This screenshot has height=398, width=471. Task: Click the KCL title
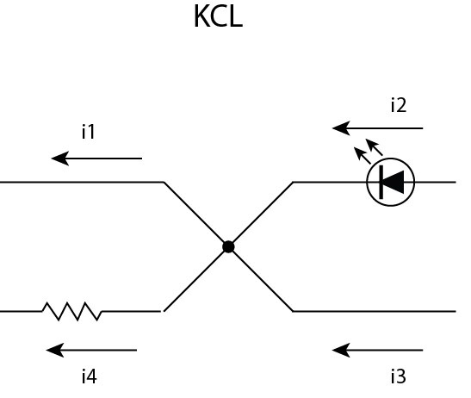pos(219,16)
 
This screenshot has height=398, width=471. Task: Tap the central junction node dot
pos(228,246)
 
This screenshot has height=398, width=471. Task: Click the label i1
pos(89,132)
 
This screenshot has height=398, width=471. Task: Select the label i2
pos(399,105)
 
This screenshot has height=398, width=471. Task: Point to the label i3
pos(399,376)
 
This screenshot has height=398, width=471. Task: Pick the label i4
pos(90,376)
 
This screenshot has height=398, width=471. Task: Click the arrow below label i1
pos(96,159)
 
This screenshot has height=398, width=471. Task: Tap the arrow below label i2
pos(378,128)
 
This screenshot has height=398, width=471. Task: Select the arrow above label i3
pos(378,350)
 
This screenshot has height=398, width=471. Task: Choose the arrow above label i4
pos(91,350)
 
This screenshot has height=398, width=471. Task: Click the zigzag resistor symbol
pos(72,312)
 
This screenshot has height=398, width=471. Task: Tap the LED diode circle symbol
pos(391,159)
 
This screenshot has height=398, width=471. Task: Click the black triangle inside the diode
pos(394,182)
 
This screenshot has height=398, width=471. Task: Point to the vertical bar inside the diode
pos(381,182)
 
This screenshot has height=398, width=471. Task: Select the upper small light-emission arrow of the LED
pos(374,147)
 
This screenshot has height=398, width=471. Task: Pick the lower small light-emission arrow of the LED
pos(363,155)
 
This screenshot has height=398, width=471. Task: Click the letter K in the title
pos(202,16)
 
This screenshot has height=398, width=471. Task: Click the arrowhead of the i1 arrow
pos(60,159)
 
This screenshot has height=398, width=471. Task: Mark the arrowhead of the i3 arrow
pos(341,350)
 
